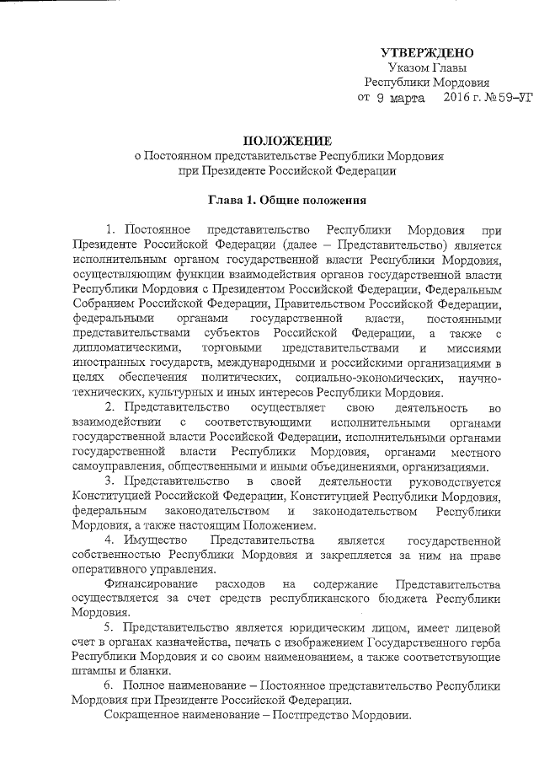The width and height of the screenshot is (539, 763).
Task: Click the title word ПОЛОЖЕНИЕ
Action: pos(281,140)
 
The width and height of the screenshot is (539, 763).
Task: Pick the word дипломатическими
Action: pos(127,349)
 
